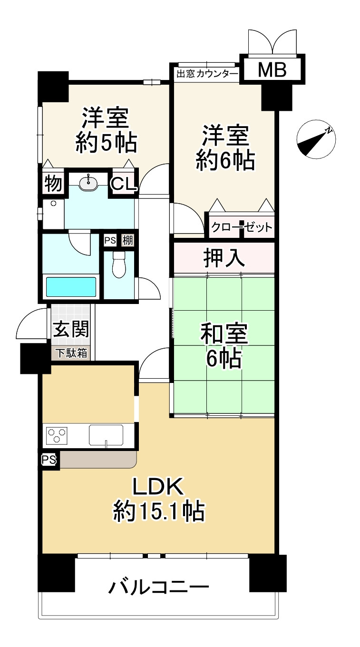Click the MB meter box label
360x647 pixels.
tap(272, 70)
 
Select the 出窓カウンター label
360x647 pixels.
tap(207, 74)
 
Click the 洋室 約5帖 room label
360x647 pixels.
tap(106, 129)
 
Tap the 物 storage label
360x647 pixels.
tap(53, 184)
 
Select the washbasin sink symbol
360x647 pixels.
tap(88, 182)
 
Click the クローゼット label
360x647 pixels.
tap(242, 227)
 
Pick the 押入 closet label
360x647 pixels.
tap(224, 258)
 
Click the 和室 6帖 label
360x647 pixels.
tap(224, 346)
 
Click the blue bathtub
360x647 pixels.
tap(71, 287)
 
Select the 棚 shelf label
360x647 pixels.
tap(127, 240)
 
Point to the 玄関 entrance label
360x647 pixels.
tap(71, 329)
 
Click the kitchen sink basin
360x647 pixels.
tap(106, 434)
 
